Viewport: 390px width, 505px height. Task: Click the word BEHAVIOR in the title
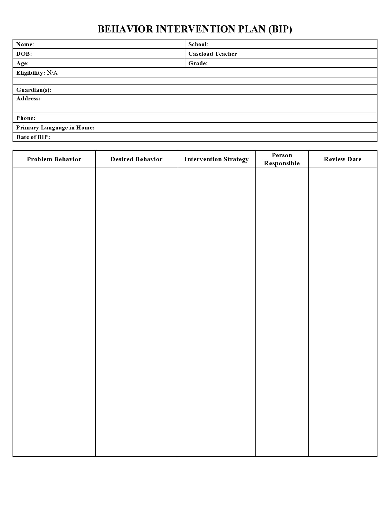tap(125, 29)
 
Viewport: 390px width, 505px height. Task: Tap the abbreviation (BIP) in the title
tap(280, 29)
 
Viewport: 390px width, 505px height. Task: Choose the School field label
tap(198, 44)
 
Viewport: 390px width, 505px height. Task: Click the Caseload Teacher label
tap(213, 54)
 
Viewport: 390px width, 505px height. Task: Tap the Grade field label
tap(198, 63)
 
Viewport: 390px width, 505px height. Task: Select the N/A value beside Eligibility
tap(52, 73)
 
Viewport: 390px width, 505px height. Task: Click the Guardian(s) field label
tap(34, 90)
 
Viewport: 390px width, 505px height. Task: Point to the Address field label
tap(28, 99)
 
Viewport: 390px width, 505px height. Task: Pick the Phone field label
tap(26, 118)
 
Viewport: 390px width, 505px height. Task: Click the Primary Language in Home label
tap(55, 128)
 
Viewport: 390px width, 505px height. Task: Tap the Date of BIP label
tap(33, 137)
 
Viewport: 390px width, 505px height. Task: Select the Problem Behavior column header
tap(54, 159)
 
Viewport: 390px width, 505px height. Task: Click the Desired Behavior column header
tap(136, 159)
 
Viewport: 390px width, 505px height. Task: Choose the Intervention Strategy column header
tap(216, 159)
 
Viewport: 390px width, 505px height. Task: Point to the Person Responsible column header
tap(282, 159)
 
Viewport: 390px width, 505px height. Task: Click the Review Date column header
tap(343, 159)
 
